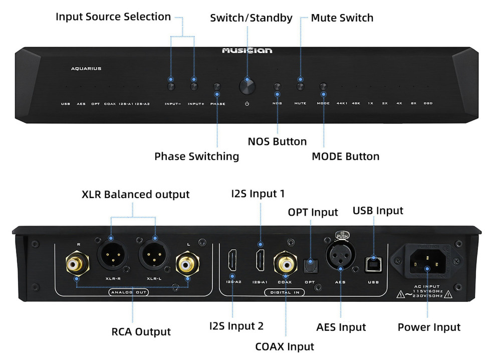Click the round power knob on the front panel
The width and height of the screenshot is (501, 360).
point(247,86)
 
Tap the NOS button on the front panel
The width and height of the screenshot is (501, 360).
point(278,87)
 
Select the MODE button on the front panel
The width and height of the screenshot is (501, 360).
point(323,87)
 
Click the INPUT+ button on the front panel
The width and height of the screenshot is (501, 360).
point(194,87)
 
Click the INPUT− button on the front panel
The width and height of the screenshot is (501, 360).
point(171,87)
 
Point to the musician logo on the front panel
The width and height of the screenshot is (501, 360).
point(247,51)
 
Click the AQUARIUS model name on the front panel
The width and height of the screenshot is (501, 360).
point(86,69)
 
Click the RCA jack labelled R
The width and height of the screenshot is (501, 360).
point(77,262)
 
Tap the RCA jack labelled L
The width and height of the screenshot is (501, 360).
point(187,262)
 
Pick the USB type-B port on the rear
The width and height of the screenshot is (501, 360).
point(373,262)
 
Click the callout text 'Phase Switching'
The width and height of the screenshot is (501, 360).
point(196,156)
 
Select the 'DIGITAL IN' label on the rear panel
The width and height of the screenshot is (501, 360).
point(285,292)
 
